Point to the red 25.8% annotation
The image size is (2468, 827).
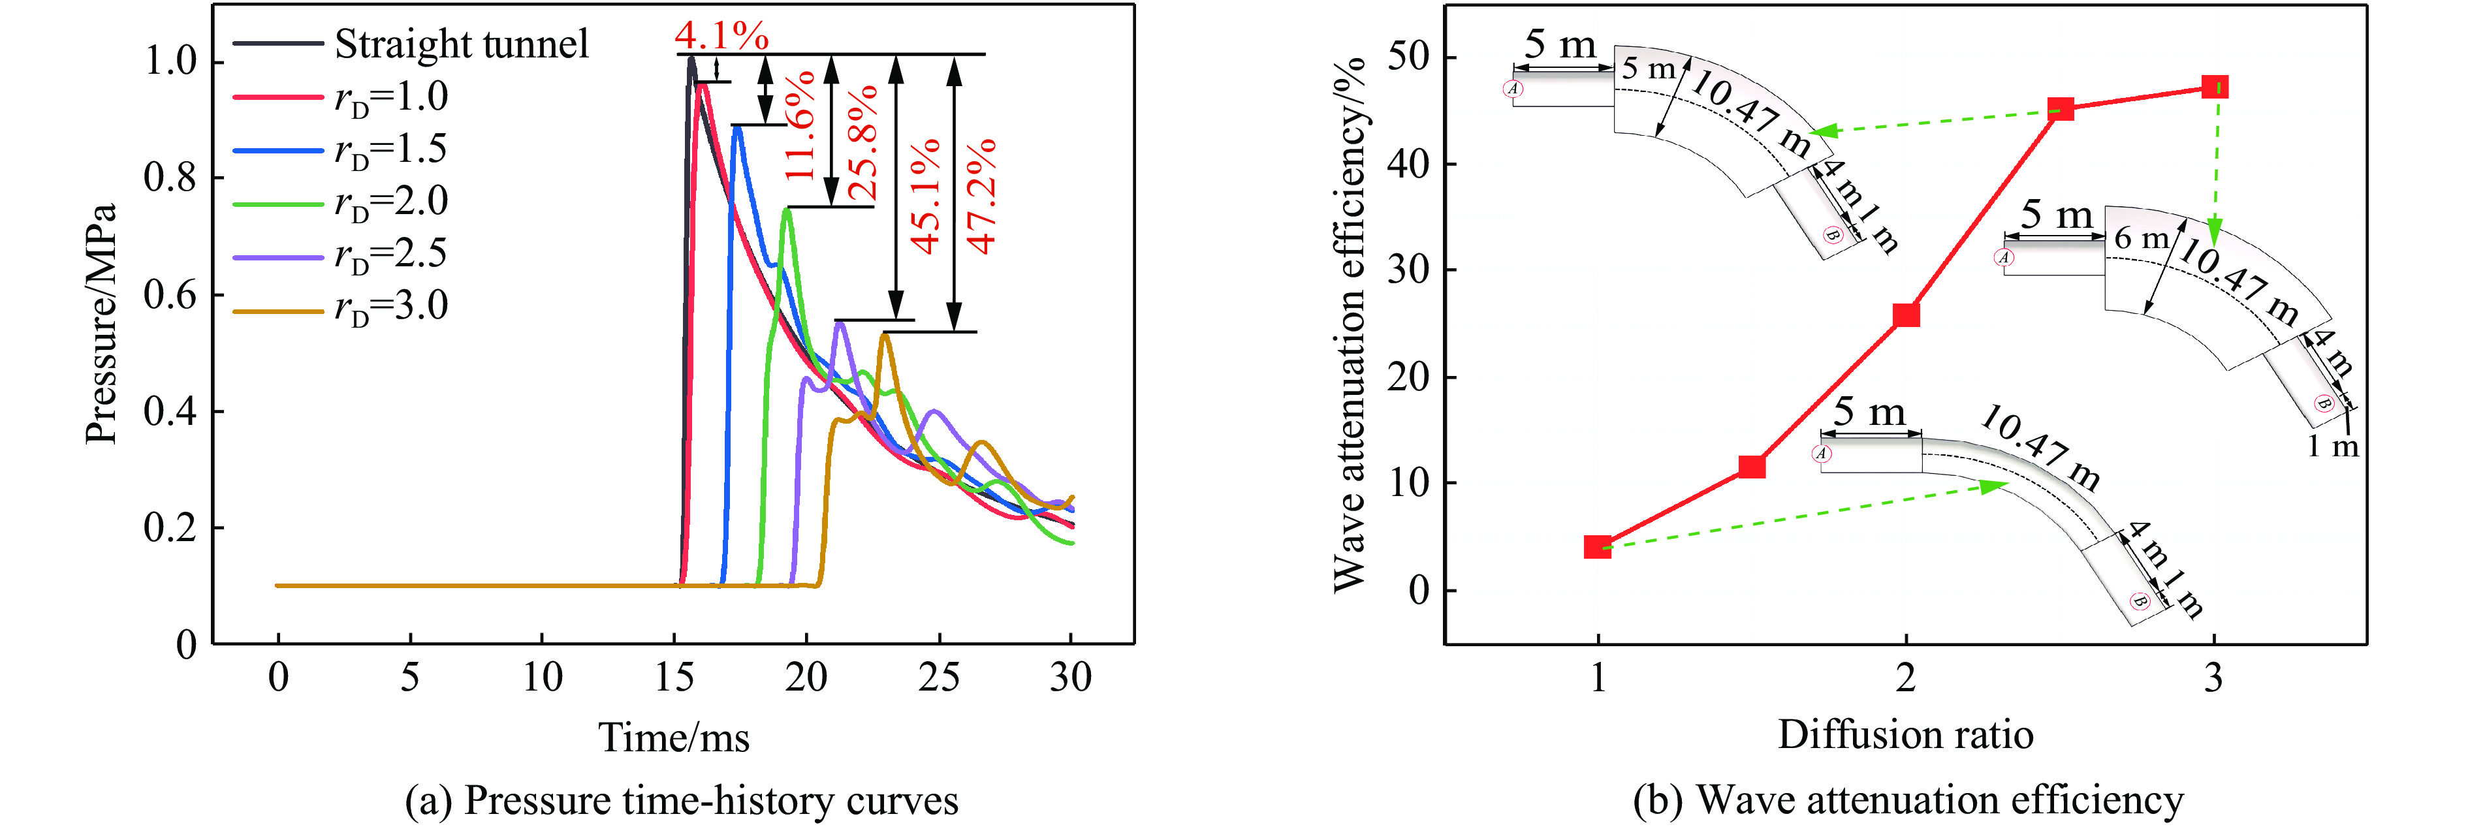861,142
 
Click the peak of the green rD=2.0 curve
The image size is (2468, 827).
787,209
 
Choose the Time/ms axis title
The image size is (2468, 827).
674,738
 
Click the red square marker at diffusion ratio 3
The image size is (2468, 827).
2214,87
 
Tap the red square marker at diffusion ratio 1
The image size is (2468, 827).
1597,547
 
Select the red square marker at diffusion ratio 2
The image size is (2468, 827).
1906,315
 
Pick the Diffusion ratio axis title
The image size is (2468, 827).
1906,735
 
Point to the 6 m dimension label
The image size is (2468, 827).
2140,239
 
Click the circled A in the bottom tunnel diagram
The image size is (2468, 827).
1822,454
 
